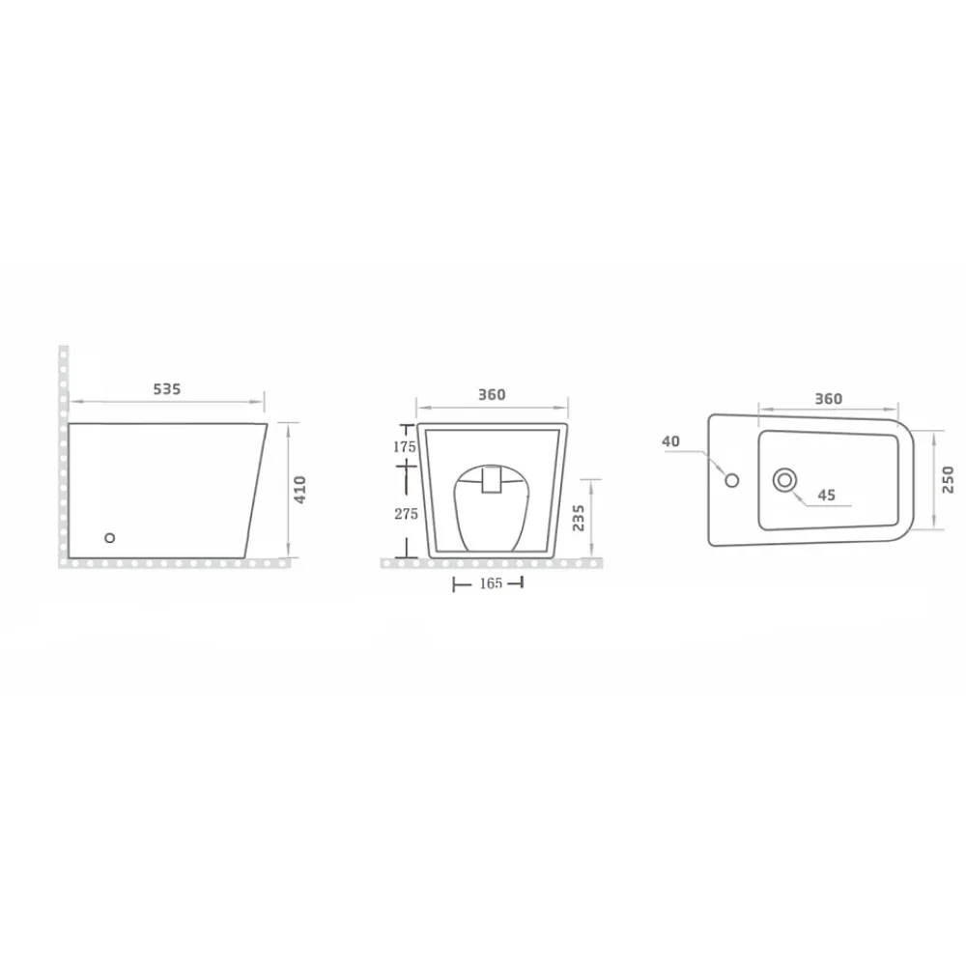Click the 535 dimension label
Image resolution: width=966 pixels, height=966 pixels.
coord(167,388)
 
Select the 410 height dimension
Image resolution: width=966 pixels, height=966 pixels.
coord(300,489)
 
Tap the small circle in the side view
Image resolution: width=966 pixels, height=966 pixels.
coord(110,538)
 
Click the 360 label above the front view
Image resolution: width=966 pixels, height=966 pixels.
coord(492,394)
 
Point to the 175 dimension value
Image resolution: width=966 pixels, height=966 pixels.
coord(405,446)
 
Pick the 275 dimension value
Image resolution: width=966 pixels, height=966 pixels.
coord(406,514)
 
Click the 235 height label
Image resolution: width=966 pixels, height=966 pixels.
coord(579,518)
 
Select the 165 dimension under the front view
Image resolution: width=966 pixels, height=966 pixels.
coord(491,583)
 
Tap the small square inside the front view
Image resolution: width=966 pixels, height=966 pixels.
coord(492,480)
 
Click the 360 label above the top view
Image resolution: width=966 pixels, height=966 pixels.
coord(829,399)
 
